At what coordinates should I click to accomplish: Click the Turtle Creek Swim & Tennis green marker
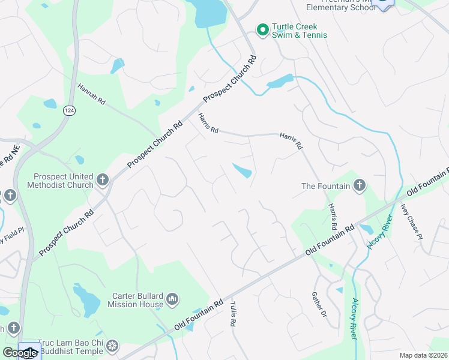point(262,29)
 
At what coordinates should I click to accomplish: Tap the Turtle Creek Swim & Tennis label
point(300,31)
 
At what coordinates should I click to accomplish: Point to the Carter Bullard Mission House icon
point(172,298)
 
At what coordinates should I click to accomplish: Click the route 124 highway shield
point(70,110)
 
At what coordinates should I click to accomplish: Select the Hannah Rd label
point(91,95)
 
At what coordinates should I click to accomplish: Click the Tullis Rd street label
point(232,314)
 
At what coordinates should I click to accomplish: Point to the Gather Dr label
point(318,305)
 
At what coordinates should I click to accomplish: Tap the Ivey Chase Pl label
point(412,221)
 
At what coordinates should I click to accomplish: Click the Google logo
point(20,353)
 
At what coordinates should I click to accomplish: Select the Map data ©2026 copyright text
point(423,355)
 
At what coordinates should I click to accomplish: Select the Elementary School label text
point(340,8)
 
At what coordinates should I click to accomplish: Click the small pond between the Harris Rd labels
point(243,171)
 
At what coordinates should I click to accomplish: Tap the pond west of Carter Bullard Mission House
point(86,299)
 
